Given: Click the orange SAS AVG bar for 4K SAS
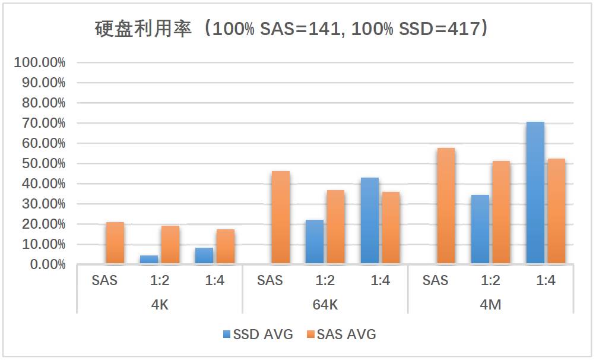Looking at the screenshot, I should (x=115, y=243).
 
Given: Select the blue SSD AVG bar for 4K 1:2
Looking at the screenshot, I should (x=149, y=260).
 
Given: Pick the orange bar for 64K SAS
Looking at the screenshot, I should (x=280, y=217).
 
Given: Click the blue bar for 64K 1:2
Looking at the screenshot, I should (x=315, y=242).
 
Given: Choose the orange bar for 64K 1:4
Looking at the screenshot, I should (x=391, y=228).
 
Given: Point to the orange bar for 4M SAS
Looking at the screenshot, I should (x=446, y=206).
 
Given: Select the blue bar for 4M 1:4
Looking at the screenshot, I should (x=535, y=193).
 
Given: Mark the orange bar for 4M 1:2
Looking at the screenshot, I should (x=501, y=212).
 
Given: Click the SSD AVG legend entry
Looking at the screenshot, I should (x=258, y=334).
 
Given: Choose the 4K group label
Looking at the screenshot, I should (x=160, y=305).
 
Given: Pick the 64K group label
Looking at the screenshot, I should (x=325, y=305).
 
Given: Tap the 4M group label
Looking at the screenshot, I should (x=490, y=305).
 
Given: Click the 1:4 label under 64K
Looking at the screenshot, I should (x=380, y=281).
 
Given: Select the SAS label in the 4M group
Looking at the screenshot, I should (x=435, y=281).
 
